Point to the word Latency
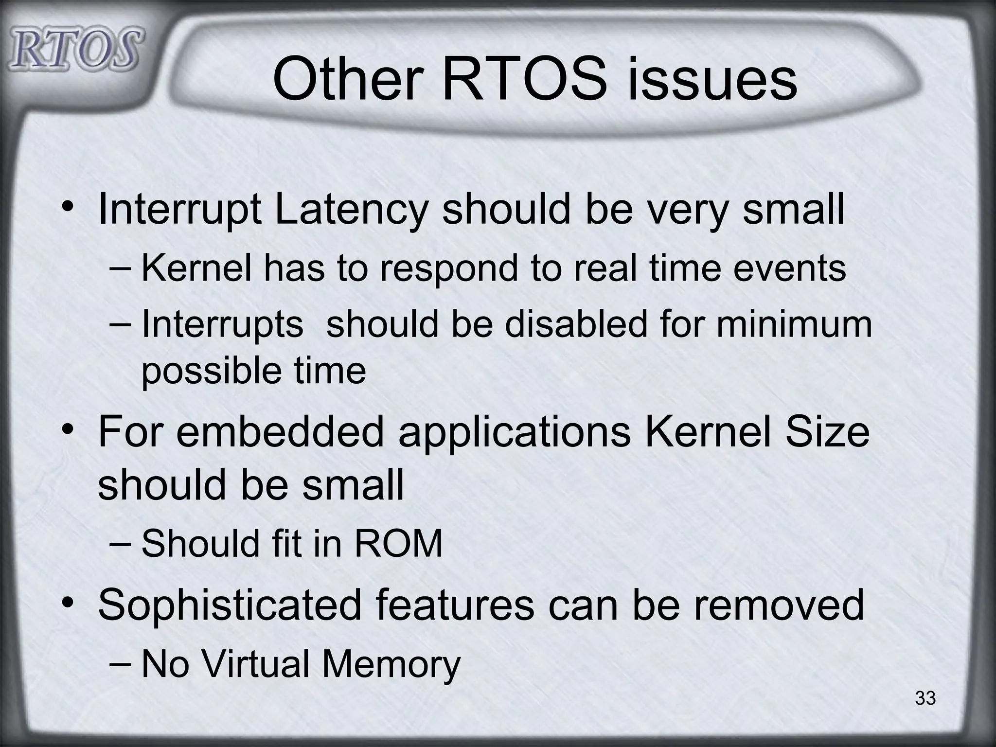pos(351,210)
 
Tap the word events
pos(789,268)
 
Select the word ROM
pos(398,543)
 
